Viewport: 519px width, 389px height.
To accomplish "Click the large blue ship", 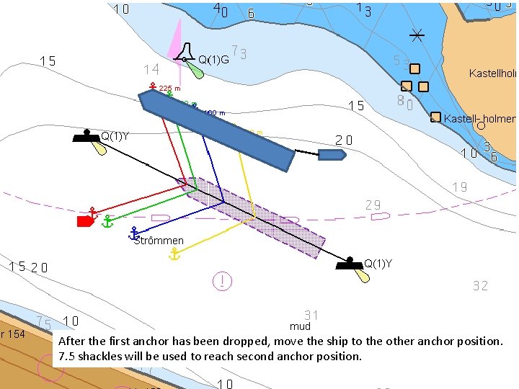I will click(x=216, y=129).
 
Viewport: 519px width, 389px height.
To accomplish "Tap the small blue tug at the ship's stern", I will click(x=332, y=155).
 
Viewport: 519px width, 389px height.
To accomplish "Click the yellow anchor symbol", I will click(x=174, y=253).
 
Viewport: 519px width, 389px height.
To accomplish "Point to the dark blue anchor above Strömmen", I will click(x=134, y=233).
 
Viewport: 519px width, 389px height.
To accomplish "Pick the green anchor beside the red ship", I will click(x=107, y=221).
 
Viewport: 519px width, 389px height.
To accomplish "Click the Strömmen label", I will click(x=159, y=241).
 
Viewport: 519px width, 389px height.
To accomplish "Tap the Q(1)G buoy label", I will click(x=213, y=60).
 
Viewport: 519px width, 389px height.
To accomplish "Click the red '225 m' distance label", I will click(x=170, y=90).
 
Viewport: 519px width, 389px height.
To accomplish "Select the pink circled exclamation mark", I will click(x=223, y=280).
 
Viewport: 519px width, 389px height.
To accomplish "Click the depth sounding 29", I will click(x=373, y=205).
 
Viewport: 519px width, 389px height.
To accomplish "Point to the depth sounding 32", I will click(x=481, y=286).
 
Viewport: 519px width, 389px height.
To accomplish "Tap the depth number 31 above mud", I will click(x=311, y=315).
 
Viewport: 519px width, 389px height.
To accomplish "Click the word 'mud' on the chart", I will click(x=300, y=326).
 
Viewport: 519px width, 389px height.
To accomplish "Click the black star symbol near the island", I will click(x=417, y=34).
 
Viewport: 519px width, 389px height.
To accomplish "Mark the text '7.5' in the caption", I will click(x=66, y=357).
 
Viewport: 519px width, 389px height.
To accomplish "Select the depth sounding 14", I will click(x=151, y=70).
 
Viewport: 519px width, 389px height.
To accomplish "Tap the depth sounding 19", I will click(x=460, y=187).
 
